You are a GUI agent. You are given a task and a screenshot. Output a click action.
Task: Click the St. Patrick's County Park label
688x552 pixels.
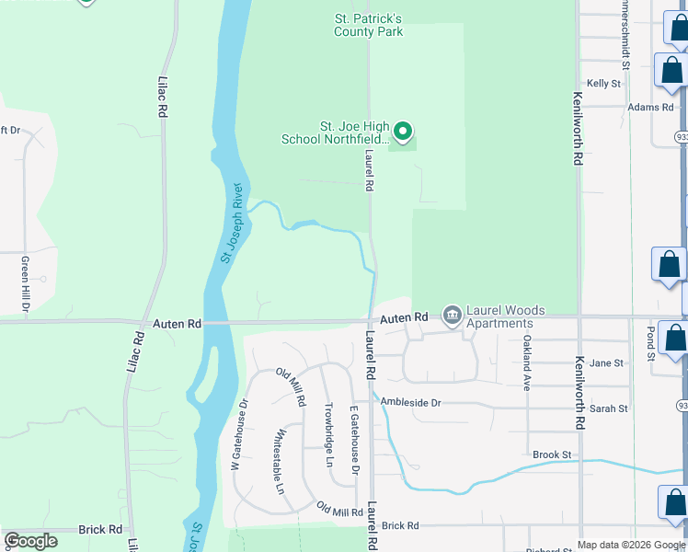click(x=368, y=25)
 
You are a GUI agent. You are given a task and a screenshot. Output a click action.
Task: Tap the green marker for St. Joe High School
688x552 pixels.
click(x=403, y=132)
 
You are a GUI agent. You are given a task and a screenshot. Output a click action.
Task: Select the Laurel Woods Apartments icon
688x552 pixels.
click(x=453, y=316)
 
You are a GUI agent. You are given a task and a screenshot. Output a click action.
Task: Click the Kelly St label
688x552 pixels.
click(x=603, y=83)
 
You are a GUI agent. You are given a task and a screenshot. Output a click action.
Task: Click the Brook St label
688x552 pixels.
click(x=552, y=454)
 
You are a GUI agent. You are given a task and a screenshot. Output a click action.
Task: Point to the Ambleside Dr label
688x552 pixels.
click(x=410, y=403)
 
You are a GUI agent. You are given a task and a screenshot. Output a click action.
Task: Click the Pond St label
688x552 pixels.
click(x=650, y=341)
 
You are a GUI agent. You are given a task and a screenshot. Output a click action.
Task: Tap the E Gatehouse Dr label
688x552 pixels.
click(x=353, y=440)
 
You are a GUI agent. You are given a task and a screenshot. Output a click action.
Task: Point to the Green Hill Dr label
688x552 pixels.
click(x=25, y=284)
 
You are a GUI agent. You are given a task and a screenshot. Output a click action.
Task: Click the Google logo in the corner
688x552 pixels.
click(x=30, y=541)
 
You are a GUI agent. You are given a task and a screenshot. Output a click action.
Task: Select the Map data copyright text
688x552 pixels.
click(x=631, y=545)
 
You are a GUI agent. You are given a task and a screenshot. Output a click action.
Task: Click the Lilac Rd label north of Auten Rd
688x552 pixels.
click(x=163, y=96)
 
